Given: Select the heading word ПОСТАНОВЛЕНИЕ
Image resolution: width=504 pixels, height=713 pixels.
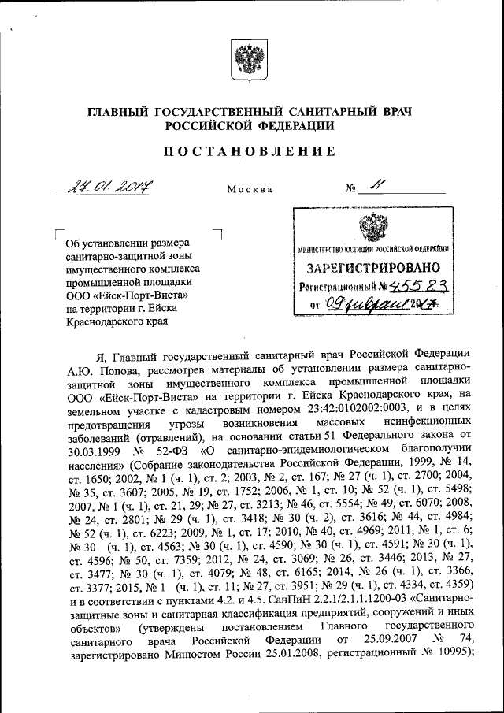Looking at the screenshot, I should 250,150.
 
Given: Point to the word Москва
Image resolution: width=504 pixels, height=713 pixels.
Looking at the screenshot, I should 250,190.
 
